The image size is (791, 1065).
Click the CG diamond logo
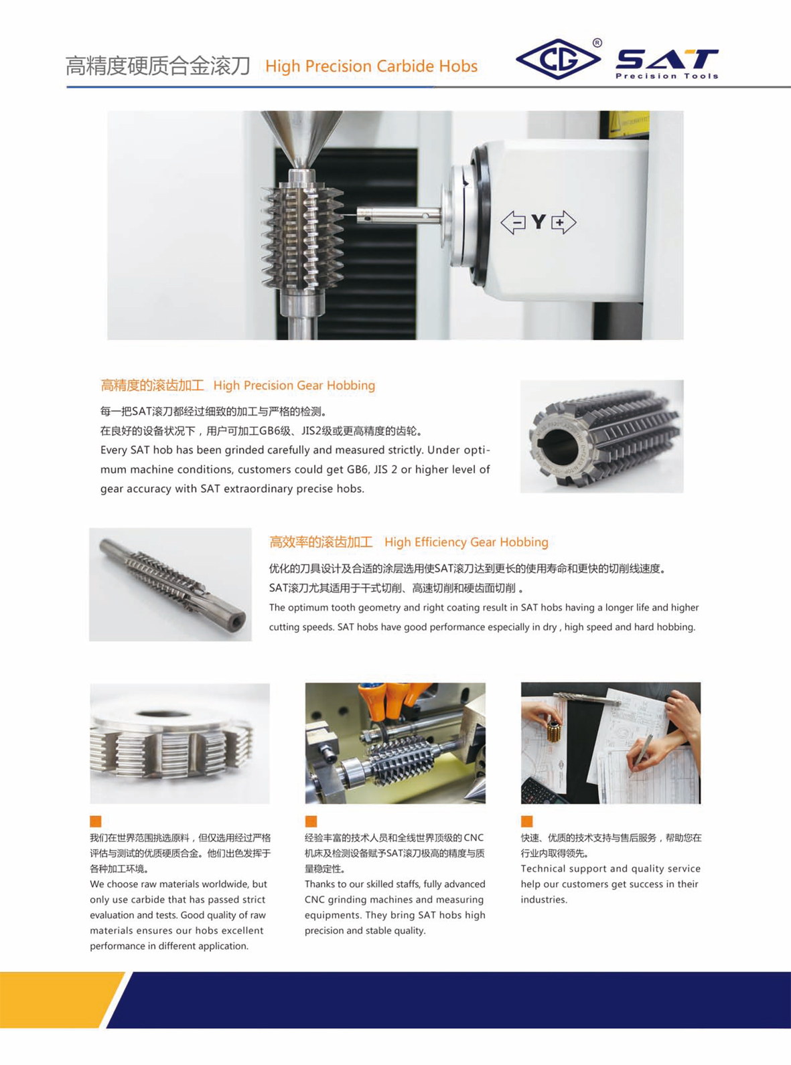tap(558, 59)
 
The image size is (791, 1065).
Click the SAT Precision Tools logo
tap(667, 64)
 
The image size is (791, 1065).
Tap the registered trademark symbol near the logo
tap(597, 44)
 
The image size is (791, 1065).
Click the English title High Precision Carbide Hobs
tap(372, 66)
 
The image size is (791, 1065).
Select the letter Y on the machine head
tap(538, 222)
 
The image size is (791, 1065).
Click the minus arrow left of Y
tap(513, 222)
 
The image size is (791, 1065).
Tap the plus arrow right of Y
tap(564, 222)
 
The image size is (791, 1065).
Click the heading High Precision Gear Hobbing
tap(294, 386)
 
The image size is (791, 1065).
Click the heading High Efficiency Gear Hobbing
tap(466, 542)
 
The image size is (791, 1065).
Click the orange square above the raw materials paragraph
tap(96, 821)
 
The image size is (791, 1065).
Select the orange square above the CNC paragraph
tap(311, 821)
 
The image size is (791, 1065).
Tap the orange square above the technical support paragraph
tap(526, 821)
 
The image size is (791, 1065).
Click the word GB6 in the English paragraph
tap(357, 469)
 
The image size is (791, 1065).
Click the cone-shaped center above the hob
tap(302, 140)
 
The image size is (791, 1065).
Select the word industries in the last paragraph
tap(544, 900)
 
